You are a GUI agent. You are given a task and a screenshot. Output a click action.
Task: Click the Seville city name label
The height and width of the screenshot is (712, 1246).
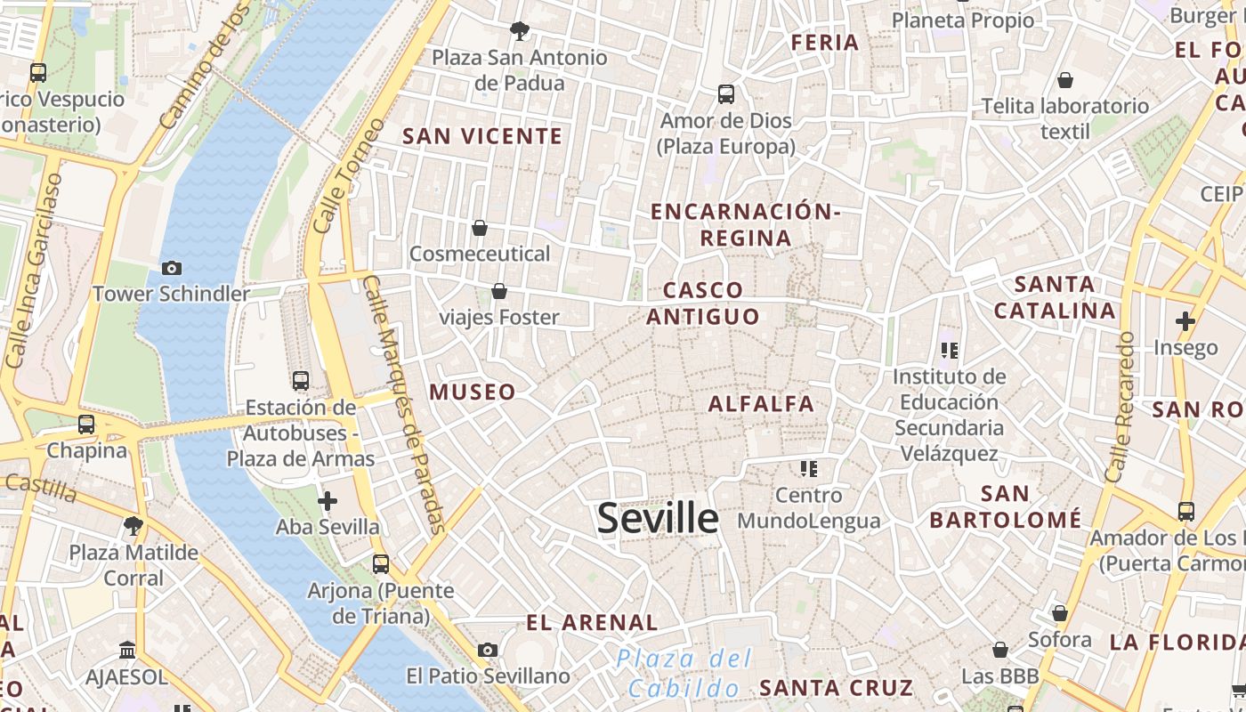click(658, 518)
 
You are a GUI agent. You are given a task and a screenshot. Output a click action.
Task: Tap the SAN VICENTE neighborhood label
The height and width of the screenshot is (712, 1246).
click(482, 136)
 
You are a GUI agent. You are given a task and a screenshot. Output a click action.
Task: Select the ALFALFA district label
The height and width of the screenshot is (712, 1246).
click(761, 404)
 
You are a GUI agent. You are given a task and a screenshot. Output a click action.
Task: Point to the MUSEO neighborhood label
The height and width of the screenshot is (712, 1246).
click(473, 392)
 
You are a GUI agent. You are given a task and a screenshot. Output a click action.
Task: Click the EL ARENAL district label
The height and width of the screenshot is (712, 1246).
click(592, 623)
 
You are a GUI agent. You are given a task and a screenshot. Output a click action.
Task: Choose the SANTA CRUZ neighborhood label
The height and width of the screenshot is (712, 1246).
click(836, 688)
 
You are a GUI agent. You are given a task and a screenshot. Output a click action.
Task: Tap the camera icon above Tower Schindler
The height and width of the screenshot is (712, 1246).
click(171, 268)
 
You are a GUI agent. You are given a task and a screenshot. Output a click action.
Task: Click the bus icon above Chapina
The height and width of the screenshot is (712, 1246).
click(86, 425)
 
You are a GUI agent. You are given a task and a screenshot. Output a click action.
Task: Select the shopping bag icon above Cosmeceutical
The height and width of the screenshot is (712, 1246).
click(480, 229)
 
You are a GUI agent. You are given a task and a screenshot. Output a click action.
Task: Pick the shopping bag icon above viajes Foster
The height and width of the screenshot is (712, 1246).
click(499, 292)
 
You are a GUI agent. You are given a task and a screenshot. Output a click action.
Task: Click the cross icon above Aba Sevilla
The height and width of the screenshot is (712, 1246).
click(328, 501)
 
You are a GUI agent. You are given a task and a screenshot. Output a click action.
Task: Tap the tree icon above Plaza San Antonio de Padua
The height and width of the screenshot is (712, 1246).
click(519, 32)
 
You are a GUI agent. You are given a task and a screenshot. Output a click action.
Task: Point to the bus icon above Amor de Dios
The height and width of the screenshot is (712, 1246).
click(726, 94)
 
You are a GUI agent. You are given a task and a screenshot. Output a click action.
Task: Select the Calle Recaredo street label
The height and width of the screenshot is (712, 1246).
click(1121, 407)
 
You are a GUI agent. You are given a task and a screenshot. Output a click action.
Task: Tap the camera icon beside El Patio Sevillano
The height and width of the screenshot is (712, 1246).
click(487, 651)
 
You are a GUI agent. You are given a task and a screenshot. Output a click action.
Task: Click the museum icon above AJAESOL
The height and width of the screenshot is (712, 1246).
click(126, 651)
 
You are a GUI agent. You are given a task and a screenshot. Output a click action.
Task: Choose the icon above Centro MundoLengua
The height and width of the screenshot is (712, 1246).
click(808, 468)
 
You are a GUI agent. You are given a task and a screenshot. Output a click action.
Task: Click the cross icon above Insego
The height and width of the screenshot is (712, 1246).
click(1185, 321)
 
